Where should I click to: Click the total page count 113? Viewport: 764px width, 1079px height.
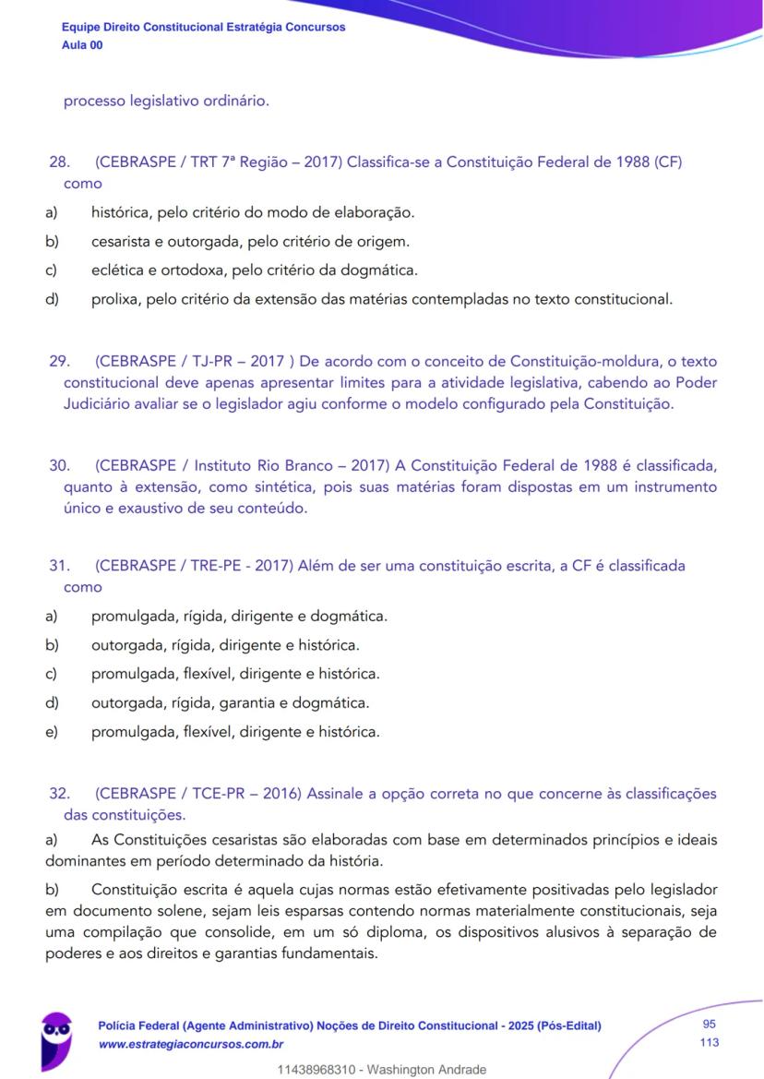(x=710, y=1043)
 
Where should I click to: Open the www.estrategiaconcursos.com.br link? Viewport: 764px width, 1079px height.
(x=191, y=1044)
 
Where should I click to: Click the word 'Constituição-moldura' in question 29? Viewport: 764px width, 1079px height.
(x=582, y=360)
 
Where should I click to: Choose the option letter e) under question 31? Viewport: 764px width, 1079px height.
(x=52, y=732)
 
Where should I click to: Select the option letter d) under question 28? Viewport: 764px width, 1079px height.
(x=52, y=299)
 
